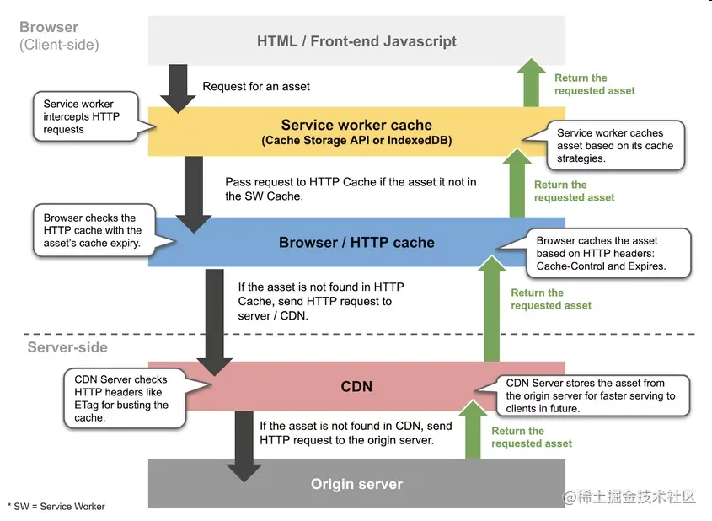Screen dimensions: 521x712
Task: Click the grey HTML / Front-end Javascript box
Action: (x=356, y=40)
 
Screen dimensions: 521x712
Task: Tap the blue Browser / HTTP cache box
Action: (x=356, y=242)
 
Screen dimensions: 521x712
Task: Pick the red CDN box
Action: (x=356, y=387)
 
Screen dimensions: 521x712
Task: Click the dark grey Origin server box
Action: (x=356, y=484)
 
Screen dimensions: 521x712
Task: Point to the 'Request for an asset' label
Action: (x=256, y=86)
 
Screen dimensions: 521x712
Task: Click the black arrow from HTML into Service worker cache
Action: (x=177, y=86)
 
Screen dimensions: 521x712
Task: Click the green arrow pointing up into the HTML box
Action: (x=531, y=83)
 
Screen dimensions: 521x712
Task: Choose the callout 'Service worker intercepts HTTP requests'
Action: (x=81, y=117)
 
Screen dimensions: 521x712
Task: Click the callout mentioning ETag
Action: (x=120, y=399)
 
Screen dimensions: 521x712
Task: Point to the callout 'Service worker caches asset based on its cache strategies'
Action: (x=616, y=145)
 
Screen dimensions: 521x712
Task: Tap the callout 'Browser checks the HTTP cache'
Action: (x=93, y=230)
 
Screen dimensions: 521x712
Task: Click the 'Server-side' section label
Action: (x=67, y=347)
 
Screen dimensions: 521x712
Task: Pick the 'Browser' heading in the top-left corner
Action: (x=48, y=27)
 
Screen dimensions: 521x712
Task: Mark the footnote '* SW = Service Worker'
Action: (x=56, y=506)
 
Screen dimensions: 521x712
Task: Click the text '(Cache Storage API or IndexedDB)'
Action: (x=356, y=141)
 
